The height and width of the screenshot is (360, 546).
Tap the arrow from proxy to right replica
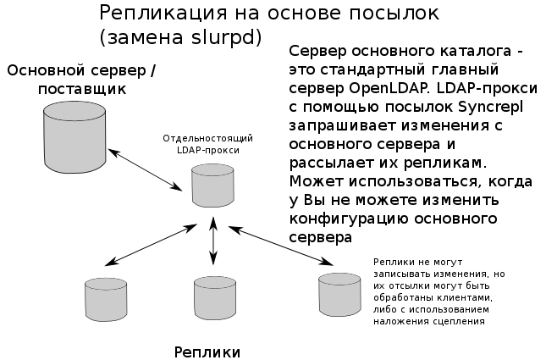coord(279,247)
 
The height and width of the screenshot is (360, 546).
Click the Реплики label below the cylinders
coord(207,351)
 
